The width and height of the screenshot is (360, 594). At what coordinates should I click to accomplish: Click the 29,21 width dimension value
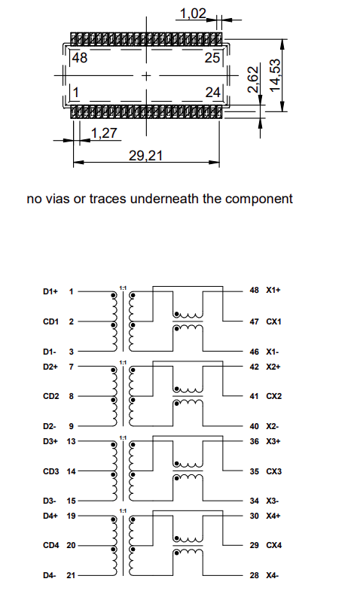tap(146, 156)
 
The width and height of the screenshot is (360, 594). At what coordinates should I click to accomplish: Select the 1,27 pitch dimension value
tap(105, 134)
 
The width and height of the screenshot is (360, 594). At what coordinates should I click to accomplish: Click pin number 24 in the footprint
tap(212, 93)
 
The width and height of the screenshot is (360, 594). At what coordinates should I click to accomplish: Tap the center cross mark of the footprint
tap(145, 76)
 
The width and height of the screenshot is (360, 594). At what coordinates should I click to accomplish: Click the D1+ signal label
tap(50, 291)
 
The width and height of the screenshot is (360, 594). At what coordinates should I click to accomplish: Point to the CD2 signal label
tap(50, 395)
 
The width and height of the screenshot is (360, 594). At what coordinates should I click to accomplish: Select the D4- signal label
tap(50, 575)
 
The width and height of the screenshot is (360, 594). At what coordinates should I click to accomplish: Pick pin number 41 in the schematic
tap(255, 395)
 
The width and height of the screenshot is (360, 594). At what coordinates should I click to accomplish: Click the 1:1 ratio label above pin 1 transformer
tap(123, 288)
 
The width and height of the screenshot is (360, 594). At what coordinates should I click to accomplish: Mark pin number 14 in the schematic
tap(72, 471)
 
